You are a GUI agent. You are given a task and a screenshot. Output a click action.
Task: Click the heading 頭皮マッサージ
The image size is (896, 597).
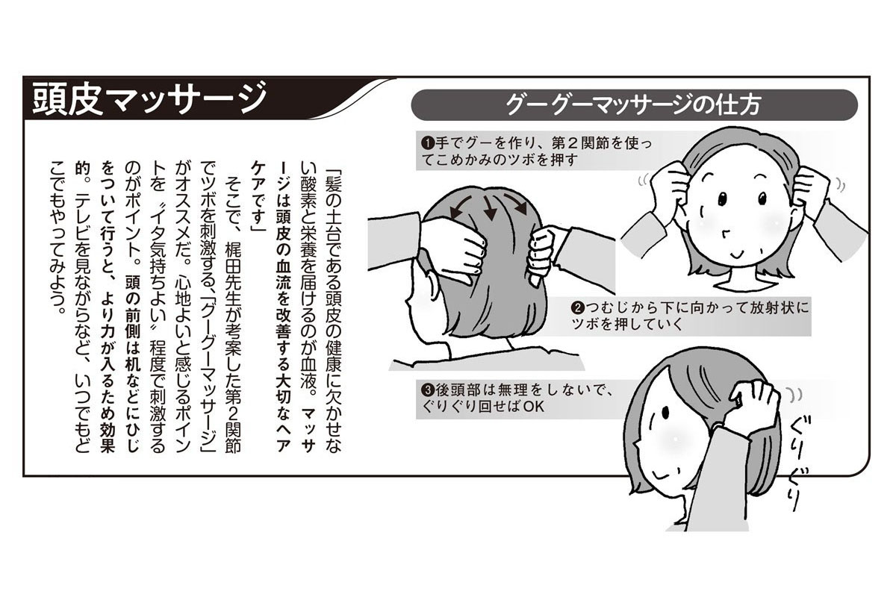tap(149, 99)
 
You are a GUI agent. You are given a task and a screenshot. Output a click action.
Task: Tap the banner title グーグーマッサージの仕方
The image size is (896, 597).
tap(633, 105)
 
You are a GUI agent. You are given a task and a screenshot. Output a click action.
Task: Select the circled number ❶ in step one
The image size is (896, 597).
tap(428, 143)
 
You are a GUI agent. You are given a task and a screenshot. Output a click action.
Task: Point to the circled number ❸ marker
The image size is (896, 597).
tap(428, 390)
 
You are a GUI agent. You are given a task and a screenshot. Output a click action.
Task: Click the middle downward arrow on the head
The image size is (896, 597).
tap(488, 208)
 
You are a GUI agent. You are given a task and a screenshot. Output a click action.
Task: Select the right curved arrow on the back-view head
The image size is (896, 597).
tap(516, 203)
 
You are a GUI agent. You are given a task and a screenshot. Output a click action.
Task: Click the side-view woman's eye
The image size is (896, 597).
tap(665, 412)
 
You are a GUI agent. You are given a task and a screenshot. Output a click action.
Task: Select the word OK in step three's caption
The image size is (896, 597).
tap(534, 407)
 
